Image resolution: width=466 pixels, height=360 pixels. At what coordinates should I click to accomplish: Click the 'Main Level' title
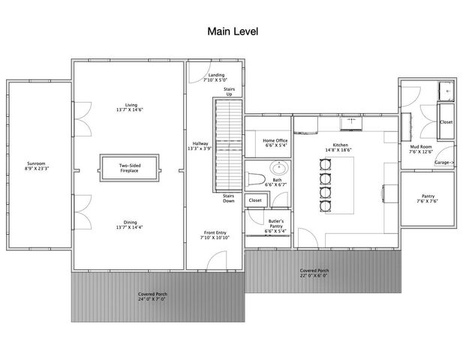[x=233, y=32]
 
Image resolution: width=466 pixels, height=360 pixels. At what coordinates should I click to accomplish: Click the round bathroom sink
[x=273, y=168]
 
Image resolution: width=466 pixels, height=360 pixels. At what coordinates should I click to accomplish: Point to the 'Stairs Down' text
[x=230, y=199]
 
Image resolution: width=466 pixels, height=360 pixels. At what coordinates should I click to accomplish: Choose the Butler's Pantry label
[x=275, y=226]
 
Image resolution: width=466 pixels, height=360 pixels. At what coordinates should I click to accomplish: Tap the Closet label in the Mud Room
[x=446, y=121]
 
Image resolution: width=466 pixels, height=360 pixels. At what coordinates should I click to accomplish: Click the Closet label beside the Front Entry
[x=255, y=200]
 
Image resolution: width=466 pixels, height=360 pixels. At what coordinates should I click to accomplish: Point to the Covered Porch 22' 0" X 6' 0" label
[x=314, y=273]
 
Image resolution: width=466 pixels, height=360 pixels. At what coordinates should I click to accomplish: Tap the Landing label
[x=216, y=76]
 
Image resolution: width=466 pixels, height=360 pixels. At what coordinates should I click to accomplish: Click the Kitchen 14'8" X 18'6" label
[x=341, y=148]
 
